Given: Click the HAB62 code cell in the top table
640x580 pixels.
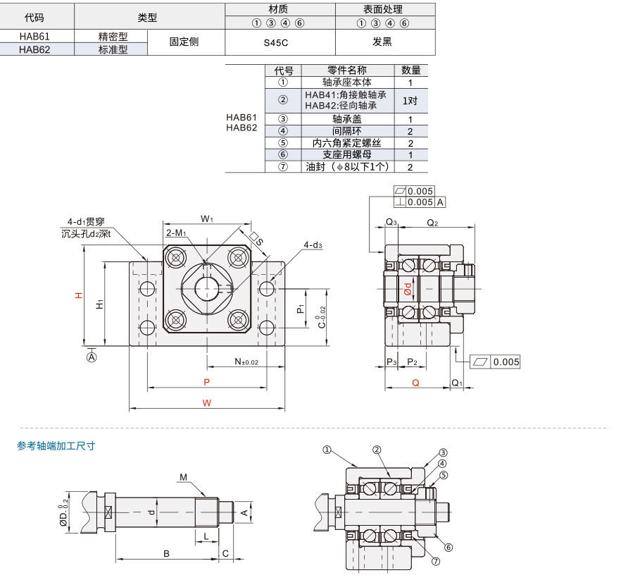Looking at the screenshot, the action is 34,49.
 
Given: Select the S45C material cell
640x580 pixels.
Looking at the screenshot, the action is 276,42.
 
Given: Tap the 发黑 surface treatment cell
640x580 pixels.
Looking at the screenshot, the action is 382,42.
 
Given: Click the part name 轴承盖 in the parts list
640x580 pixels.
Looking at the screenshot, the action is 347,119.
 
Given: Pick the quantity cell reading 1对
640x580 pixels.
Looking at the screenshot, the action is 410,101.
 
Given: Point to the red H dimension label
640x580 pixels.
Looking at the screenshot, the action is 79,295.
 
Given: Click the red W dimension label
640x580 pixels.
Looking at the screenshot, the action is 207,403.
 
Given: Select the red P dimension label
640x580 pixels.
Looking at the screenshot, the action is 206,382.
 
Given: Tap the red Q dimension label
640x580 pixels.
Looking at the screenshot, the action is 415,383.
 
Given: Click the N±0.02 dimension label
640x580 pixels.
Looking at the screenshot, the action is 246,362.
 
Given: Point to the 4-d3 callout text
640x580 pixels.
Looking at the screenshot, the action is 313,245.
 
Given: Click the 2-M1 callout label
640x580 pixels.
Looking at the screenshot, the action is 176,233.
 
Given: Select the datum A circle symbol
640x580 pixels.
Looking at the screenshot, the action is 92,357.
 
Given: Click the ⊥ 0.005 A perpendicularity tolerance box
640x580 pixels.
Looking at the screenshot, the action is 420,202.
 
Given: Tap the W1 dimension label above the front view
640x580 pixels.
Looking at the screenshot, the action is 207,219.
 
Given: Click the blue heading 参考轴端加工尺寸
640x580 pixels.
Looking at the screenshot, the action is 56,445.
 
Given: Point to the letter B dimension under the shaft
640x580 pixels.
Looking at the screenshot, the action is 166,554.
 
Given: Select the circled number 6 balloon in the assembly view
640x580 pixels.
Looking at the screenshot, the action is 448,548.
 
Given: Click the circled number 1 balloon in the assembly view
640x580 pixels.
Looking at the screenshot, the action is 327,450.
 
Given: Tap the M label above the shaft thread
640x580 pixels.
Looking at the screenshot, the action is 183,477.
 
